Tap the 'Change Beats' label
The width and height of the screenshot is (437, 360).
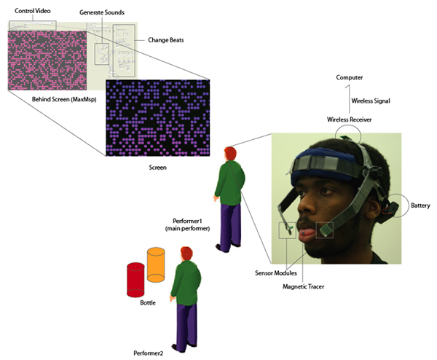coord(165,40)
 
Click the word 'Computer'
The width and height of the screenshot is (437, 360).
coord(350,77)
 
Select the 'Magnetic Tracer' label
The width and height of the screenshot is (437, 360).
coord(304,286)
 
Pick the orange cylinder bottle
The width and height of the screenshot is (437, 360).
coord(157,264)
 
